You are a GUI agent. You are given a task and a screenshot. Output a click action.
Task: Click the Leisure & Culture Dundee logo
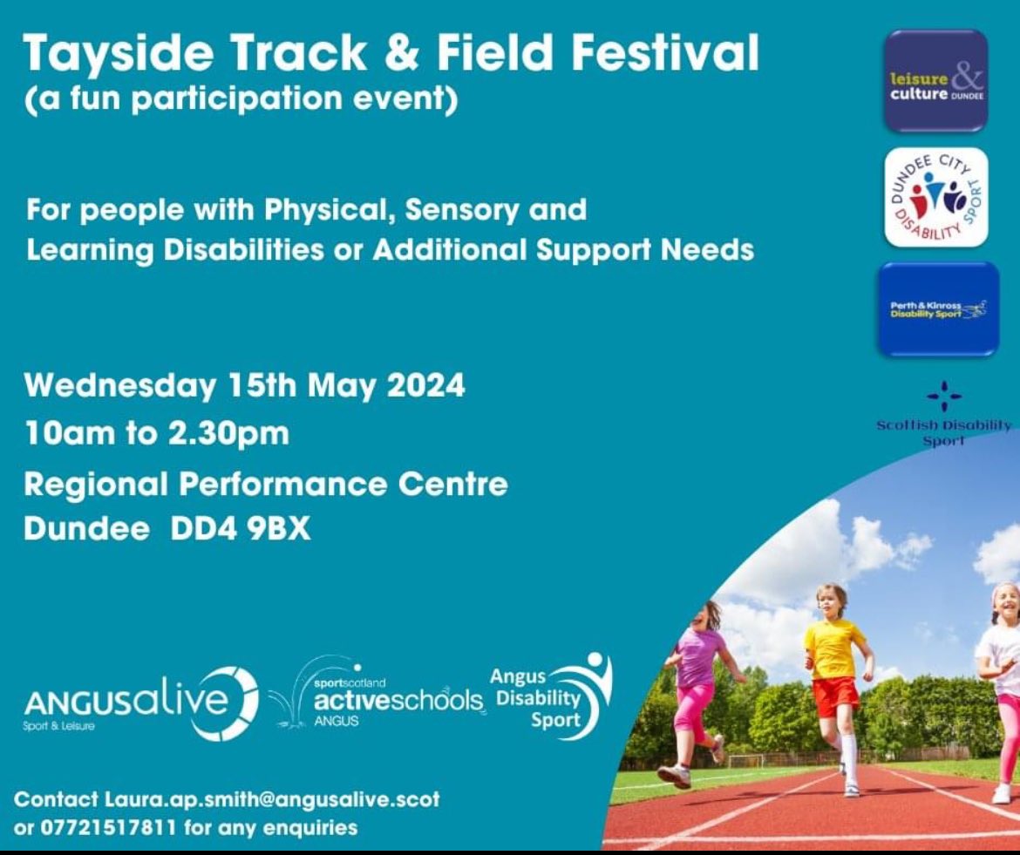pos(936,81)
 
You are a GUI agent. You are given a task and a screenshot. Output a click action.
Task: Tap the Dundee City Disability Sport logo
pos(936,196)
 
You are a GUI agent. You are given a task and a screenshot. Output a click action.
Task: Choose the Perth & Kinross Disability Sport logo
pos(937,309)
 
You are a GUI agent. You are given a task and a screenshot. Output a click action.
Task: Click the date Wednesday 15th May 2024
pos(245,385)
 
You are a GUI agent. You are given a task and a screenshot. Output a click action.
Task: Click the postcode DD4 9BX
pos(240,530)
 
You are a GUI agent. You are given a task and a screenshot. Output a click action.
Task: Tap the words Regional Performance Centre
pos(266,484)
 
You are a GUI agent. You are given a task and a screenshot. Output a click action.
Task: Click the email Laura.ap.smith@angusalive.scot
pos(272,799)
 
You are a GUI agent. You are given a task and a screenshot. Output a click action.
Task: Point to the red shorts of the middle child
pos(834,696)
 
